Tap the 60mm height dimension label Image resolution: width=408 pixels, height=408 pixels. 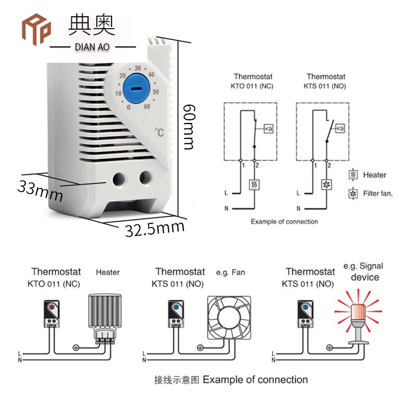189,127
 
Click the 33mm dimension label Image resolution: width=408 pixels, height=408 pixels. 40,190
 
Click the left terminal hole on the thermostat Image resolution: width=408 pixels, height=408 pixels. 120,178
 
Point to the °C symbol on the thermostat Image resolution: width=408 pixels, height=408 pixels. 160,132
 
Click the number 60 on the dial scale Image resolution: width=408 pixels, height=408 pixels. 147,107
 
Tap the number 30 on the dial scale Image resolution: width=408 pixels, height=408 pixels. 138,67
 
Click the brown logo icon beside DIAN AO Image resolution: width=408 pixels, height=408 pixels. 36,29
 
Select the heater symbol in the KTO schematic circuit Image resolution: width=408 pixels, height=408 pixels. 253,185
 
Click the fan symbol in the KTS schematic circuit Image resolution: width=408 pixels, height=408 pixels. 326,185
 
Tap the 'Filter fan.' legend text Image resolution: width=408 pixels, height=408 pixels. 377,194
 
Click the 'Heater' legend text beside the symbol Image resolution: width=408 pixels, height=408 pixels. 374,175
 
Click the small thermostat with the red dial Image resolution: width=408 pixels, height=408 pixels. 52,313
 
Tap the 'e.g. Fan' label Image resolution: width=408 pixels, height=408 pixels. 231,272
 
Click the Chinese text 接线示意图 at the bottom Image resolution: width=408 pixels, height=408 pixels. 177,380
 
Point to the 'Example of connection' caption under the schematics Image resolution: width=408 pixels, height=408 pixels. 284,222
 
